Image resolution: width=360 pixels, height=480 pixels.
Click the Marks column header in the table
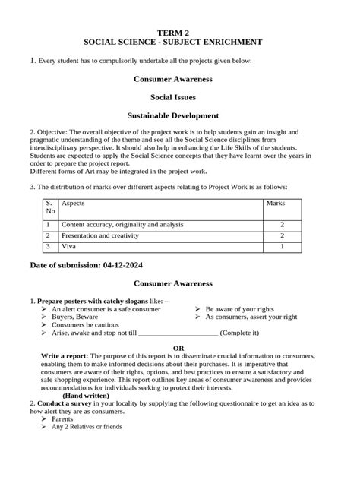(274, 204)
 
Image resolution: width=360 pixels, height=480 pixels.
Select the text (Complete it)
(240, 333)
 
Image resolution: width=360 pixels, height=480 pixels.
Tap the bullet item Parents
(62, 418)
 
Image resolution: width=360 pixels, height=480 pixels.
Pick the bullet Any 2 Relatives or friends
(87, 427)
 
